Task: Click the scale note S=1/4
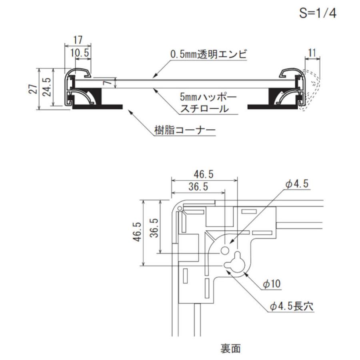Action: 318,13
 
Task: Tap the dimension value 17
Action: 78,40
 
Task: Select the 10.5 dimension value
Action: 80,53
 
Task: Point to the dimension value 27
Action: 34,89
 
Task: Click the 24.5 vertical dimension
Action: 47,87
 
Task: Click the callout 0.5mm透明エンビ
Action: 208,54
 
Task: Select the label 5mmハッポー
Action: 208,97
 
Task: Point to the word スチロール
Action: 204,109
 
